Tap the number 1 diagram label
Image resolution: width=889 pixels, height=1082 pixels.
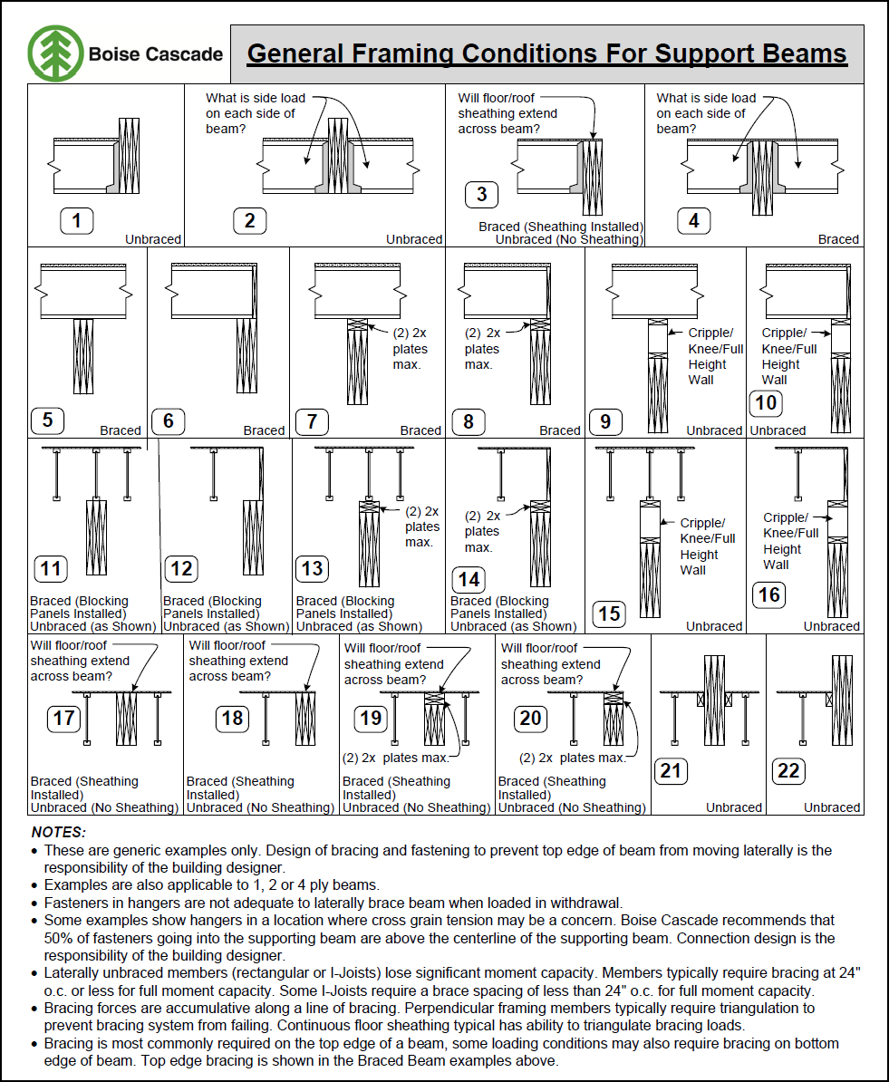click(77, 220)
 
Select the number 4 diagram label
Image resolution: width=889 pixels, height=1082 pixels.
click(693, 220)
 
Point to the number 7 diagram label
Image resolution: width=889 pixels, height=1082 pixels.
click(312, 421)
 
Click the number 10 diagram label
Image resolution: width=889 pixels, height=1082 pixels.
click(767, 403)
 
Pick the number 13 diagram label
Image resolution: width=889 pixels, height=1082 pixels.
click(312, 568)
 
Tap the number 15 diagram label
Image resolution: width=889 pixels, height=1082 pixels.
click(609, 613)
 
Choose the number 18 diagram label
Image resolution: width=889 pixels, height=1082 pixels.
click(233, 719)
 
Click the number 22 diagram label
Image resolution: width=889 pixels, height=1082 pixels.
click(788, 771)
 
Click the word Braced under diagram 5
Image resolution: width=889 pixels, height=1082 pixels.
click(121, 430)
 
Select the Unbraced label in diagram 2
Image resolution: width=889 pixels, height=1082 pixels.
click(414, 239)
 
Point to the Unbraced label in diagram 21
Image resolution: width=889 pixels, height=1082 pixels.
click(734, 807)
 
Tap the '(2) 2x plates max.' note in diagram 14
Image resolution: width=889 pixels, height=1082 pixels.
click(481, 531)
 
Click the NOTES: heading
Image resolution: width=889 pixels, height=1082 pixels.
click(59, 832)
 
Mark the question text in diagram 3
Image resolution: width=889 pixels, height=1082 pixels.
click(507, 113)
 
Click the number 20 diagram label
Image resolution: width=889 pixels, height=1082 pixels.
click(530, 719)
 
